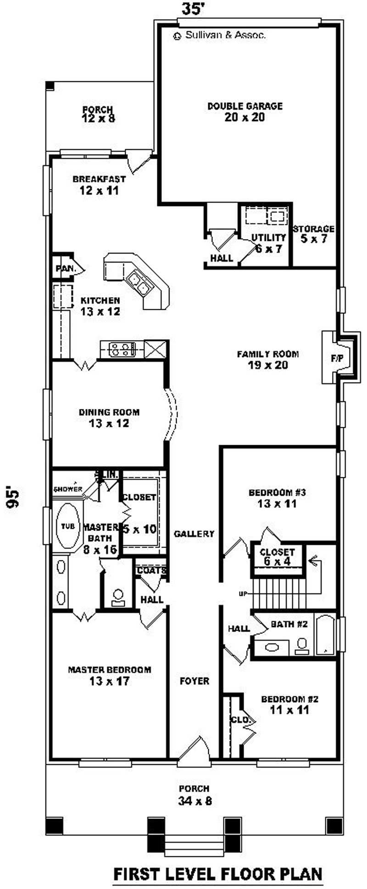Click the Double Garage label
(x=245, y=112)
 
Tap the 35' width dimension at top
(x=192, y=8)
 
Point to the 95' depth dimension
(x=14, y=497)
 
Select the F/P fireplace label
(x=337, y=358)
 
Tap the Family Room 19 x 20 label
(x=267, y=360)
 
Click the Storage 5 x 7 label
(x=314, y=233)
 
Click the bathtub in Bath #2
(x=325, y=635)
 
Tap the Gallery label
(x=194, y=534)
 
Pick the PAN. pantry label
(x=65, y=268)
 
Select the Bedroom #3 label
(x=277, y=498)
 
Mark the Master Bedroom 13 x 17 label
(x=109, y=675)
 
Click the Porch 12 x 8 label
(x=98, y=114)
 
